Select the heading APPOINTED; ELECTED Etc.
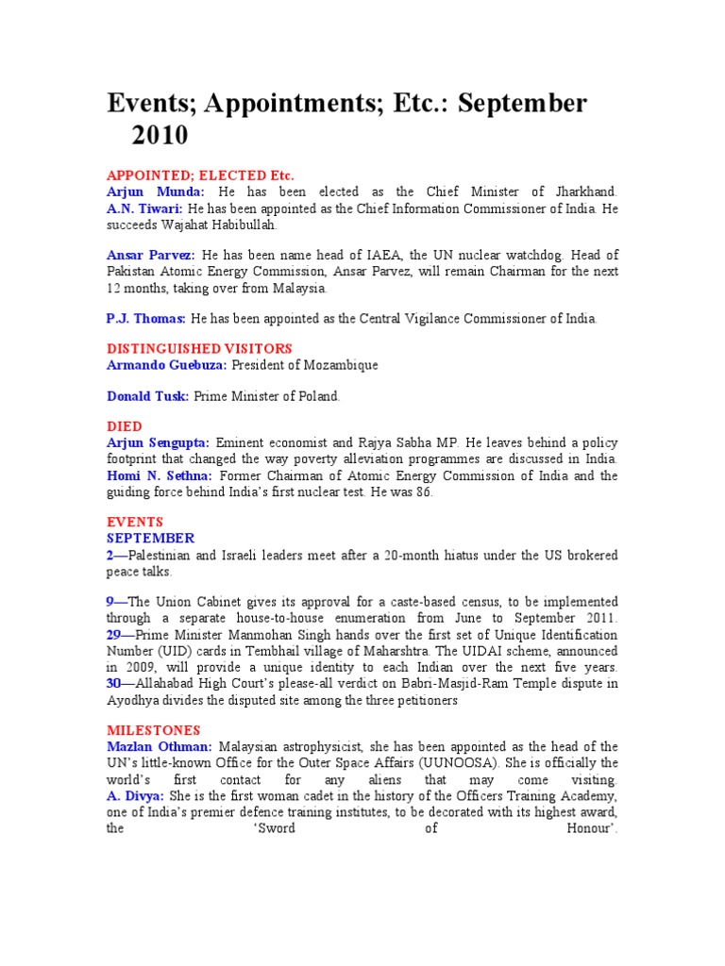200,175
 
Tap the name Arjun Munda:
155,192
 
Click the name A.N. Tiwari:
145,208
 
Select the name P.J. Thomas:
146,319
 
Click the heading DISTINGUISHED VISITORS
199,348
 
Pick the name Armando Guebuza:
167,364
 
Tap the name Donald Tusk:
147,396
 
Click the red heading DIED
125,426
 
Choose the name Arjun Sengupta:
158,442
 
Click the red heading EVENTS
135,522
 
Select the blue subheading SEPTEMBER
150,538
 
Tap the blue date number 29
114,634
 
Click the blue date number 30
114,683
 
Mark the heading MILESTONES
153,730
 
